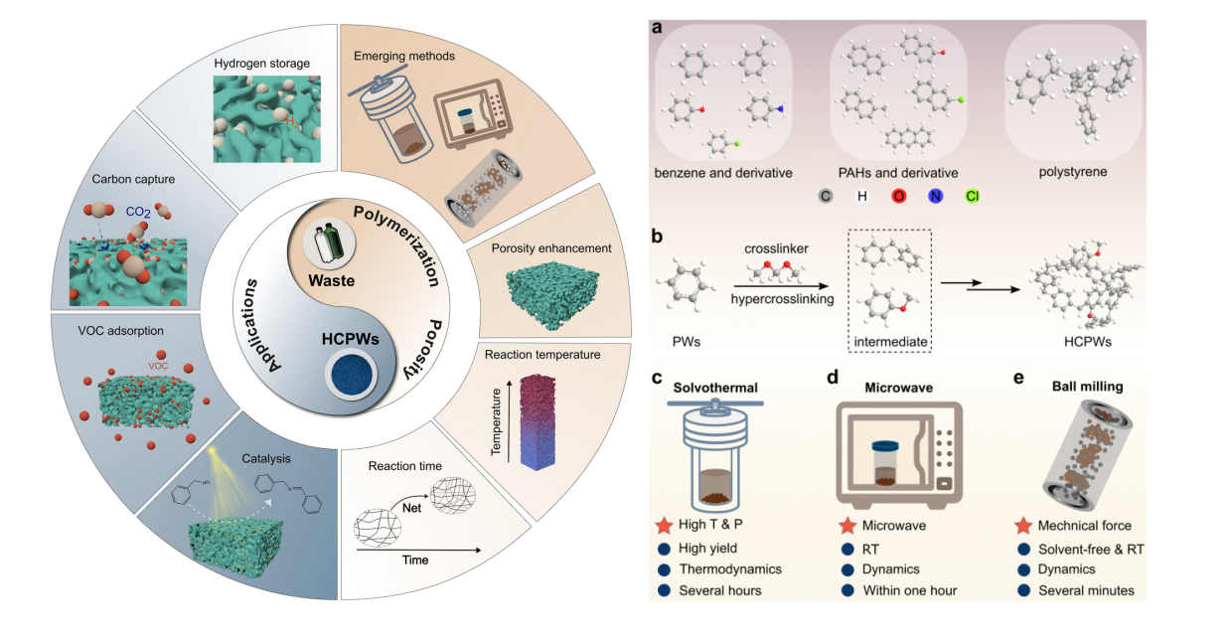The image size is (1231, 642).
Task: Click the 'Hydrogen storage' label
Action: coord(262,64)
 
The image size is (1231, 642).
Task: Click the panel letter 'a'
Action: coord(658,29)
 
